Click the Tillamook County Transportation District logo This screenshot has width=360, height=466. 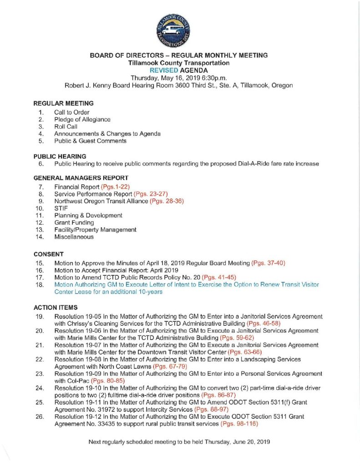point(172,29)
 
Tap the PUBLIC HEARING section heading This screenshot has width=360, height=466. point(60,156)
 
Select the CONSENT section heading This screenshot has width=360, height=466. point(48,254)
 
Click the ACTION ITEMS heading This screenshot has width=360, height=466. point(56,307)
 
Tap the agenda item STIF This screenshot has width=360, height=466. point(61,208)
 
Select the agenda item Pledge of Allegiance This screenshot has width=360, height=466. point(82,119)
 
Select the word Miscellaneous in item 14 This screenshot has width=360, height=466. point(74,237)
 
